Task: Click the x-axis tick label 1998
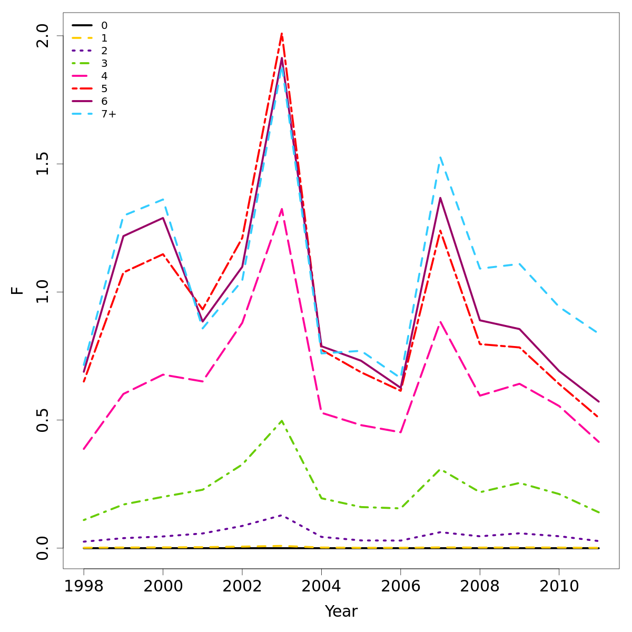click(x=84, y=586)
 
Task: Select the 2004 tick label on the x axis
click(x=321, y=586)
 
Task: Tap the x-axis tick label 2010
click(x=559, y=586)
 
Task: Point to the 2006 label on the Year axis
click(x=400, y=586)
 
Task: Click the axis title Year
click(x=341, y=611)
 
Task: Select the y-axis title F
click(x=18, y=290)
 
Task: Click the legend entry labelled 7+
click(x=108, y=114)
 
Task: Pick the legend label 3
click(x=104, y=63)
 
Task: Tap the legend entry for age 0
click(x=104, y=25)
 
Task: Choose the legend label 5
click(x=104, y=88)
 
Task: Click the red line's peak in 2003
click(x=282, y=34)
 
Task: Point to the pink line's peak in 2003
click(x=282, y=209)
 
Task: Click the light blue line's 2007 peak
click(x=440, y=157)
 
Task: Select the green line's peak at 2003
click(x=282, y=420)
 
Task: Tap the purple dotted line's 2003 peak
click(x=282, y=515)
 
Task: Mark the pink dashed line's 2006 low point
click(x=400, y=432)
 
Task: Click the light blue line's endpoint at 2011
click(x=598, y=333)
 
